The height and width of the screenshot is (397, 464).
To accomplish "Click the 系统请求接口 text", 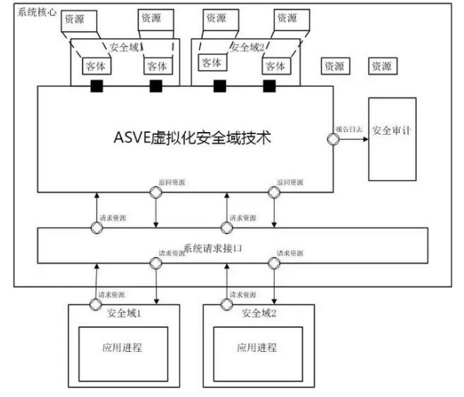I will [x=213, y=248].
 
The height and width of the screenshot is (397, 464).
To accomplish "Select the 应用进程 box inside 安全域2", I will [x=257, y=348].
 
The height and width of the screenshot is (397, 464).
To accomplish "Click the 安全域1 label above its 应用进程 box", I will [x=124, y=313].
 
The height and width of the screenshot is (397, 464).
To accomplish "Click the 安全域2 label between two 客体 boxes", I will [x=246, y=47].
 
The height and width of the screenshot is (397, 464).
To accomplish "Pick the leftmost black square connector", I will [x=95, y=86].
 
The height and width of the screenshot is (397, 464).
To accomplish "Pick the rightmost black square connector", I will [x=269, y=86].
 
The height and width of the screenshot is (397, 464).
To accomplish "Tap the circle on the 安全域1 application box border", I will [x=95, y=304].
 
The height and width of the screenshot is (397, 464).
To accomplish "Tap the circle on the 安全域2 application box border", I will [x=227, y=304].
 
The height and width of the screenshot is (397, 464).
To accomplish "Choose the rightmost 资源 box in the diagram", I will [x=381, y=66].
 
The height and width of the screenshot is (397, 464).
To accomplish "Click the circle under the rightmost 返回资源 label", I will [x=273, y=191].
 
